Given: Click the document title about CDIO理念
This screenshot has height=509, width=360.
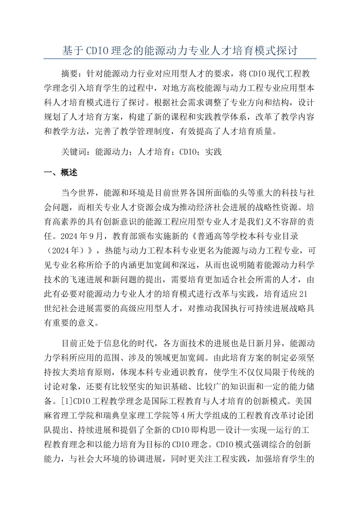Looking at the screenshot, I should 180,51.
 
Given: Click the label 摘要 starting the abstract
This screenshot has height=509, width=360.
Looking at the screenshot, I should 70,73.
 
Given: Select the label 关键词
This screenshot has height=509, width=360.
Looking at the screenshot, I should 74,152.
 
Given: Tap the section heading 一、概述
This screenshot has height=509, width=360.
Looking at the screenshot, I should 61,173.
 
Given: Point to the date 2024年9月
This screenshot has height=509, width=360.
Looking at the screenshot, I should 81,236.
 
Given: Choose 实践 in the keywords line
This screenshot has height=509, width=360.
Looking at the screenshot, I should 213,152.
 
